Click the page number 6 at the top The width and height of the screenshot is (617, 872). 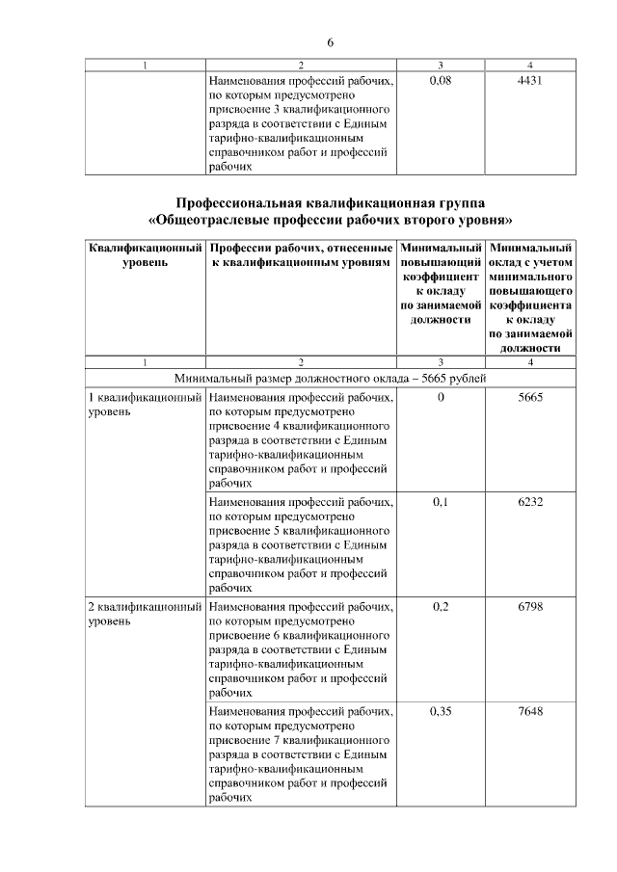[x=330, y=43]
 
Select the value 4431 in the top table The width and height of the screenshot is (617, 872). [x=530, y=81]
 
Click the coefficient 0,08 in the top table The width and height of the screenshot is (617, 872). [x=440, y=81]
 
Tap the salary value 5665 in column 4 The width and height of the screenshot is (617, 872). [x=530, y=397]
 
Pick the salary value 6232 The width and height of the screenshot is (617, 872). [x=530, y=502]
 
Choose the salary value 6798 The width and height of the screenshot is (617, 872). [x=530, y=607]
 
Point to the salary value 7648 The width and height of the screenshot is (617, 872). [x=530, y=712]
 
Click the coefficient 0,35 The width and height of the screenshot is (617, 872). [x=440, y=712]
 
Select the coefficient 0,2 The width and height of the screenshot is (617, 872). [x=440, y=607]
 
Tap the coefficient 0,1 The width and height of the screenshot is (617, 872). [x=440, y=502]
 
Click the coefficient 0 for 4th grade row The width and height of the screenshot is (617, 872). [x=440, y=397]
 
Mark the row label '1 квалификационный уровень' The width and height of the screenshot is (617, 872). [x=145, y=404]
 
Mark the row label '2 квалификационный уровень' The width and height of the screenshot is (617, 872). [x=145, y=614]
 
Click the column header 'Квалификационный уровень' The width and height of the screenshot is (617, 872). [x=145, y=254]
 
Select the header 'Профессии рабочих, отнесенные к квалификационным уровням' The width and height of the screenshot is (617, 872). [x=300, y=254]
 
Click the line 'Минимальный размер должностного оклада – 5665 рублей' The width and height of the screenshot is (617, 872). [x=330, y=378]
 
